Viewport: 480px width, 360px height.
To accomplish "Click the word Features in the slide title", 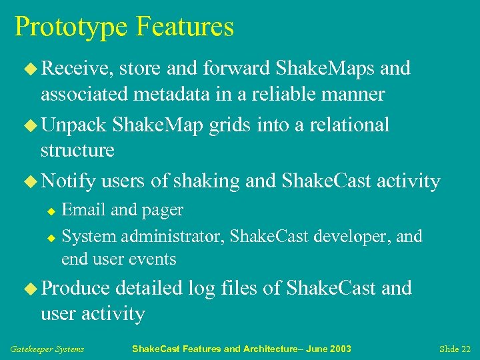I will pyautogui.click(x=185, y=27).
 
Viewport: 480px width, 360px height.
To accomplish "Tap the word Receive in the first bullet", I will pyautogui.click(x=75, y=68).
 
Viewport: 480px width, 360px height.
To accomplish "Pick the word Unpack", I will pyautogui.click(x=74, y=125).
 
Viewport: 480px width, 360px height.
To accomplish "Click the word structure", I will pyautogui.click(x=77, y=151).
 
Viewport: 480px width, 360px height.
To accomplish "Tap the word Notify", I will pyautogui.click(x=69, y=181).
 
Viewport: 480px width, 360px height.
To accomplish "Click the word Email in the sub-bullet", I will pyautogui.click(x=84, y=210).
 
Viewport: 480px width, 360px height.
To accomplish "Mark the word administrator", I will pyautogui.click(x=175, y=237).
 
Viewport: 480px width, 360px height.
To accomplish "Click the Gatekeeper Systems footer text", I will pyautogui.click(x=47, y=349).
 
